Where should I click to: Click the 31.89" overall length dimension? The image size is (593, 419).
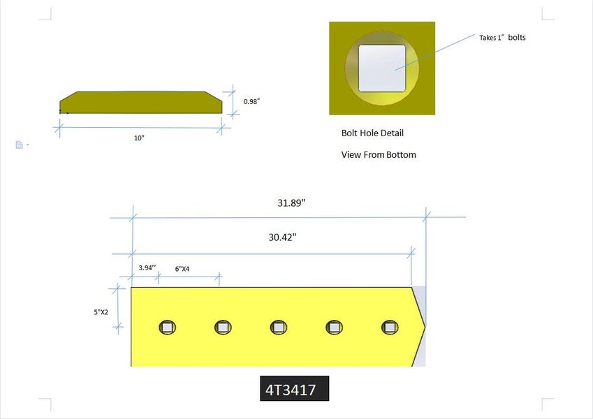(291, 203)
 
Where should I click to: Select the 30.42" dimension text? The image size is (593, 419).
(282, 237)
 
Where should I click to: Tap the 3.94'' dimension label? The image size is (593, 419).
(147, 267)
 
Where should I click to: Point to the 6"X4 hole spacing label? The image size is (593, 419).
(182, 269)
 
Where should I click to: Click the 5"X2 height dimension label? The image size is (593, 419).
(101, 312)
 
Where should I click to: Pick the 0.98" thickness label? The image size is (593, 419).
(252, 101)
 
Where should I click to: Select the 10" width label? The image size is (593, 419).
(139, 138)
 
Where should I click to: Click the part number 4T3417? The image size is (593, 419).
(291, 390)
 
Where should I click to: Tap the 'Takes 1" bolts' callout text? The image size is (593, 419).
(502, 38)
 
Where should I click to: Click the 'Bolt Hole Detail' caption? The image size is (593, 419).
(372, 133)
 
